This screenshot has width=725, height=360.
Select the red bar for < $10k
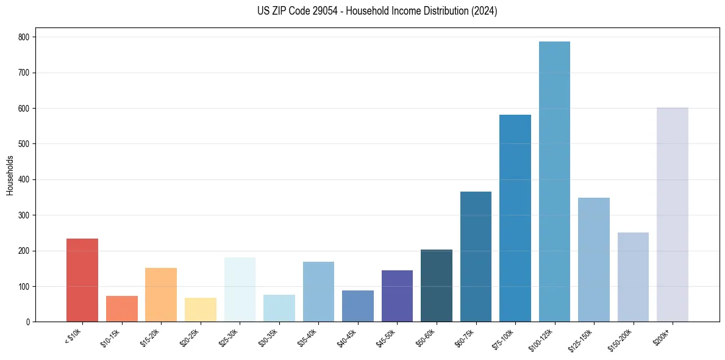click(x=82, y=280)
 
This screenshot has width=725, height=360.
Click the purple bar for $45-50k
click(x=397, y=296)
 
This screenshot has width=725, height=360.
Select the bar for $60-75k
click(x=476, y=257)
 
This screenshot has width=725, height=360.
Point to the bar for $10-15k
click(x=122, y=309)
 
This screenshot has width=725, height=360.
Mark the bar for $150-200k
click(x=633, y=277)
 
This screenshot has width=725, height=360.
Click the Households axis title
click(x=10, y=175)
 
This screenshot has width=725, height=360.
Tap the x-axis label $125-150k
click(x=585, y=338)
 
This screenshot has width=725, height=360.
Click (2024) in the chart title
click(x=485, y=11)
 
